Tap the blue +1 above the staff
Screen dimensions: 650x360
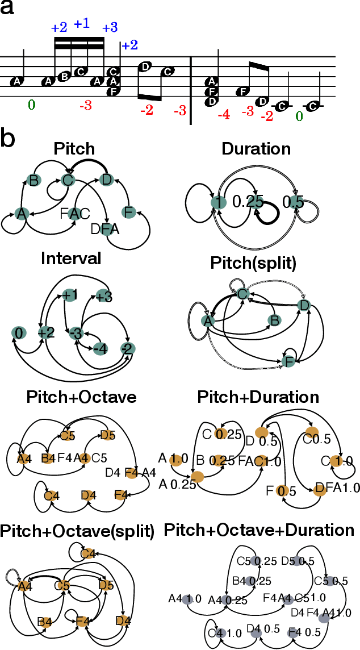(82, 24)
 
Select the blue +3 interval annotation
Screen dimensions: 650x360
(110, 27)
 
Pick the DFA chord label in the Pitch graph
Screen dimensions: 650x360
(105, 228)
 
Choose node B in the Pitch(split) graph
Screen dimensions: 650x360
(274, 322)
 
